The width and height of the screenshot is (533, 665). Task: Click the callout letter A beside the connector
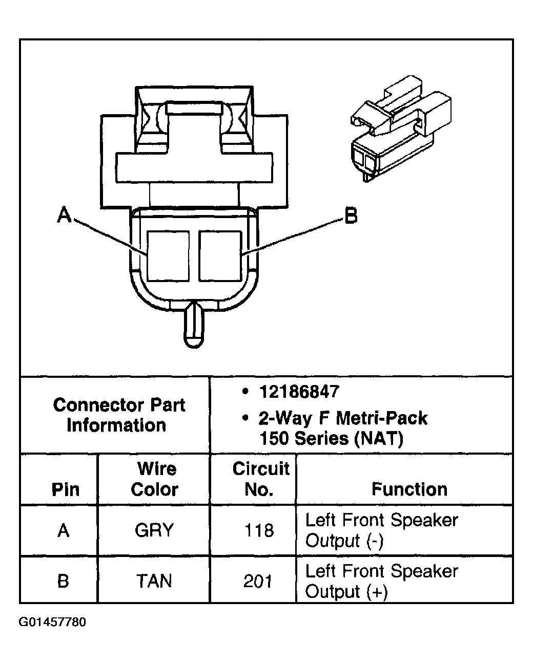pyautogui.click(x=65, y=216)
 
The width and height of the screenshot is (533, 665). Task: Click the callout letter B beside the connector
pyautogui.click(x=351, y=216)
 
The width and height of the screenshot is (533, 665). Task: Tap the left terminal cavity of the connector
pyautogui.click(x=168, y=255)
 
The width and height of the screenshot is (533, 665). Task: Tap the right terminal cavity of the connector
pyautogui.click(x=220, y=255)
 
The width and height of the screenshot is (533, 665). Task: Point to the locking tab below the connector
pyautogui.click(x=194, y=326)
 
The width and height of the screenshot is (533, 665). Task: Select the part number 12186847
pyautogui.click(x=299, y=392)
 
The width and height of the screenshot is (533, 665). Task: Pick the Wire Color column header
pyautogui.click(x=154, y=479)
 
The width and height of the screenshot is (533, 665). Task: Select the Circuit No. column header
pyautogui.click(x=260, y=479)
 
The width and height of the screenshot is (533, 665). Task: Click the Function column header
pyautogui.click(x=409, y=489)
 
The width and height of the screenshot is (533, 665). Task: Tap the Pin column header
pyautogui.click(x=66, y=490)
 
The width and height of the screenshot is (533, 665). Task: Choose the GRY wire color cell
pyautogui.click(x=154, y=530)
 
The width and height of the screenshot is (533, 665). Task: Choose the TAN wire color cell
pyautogui.click(x=154, y=581)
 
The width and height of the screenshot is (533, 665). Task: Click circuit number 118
pyautogui.click(x=259, y=530)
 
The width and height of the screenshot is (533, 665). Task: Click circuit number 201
pyautogui.click(x=258, y=581)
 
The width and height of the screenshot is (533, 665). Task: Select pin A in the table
pyautogui.click(x=63, y=530)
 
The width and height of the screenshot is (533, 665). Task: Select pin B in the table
pyautogui.click(x=63, y=581)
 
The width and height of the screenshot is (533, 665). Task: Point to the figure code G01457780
pyautogui.click(x=53, y=623)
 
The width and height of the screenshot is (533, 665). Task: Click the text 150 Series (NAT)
pyautogui.click(x=331, y=439)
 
